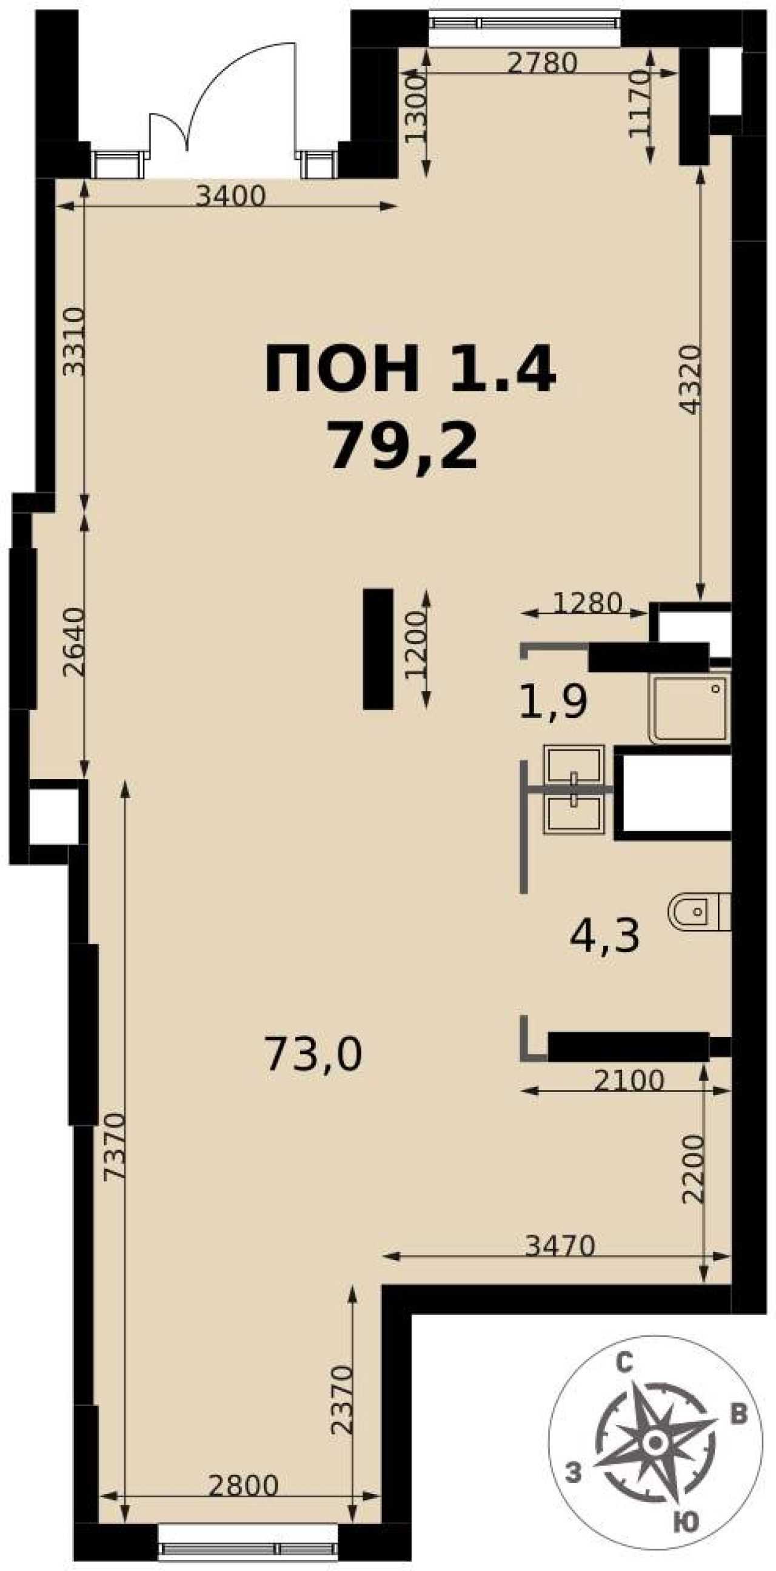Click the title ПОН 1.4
[410, 369]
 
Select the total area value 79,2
[403, 446]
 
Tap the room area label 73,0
[313, 1054]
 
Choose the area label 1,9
[553, 701]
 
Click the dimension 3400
[232, 196]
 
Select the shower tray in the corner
[689, 708]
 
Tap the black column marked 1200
[378, 649]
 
